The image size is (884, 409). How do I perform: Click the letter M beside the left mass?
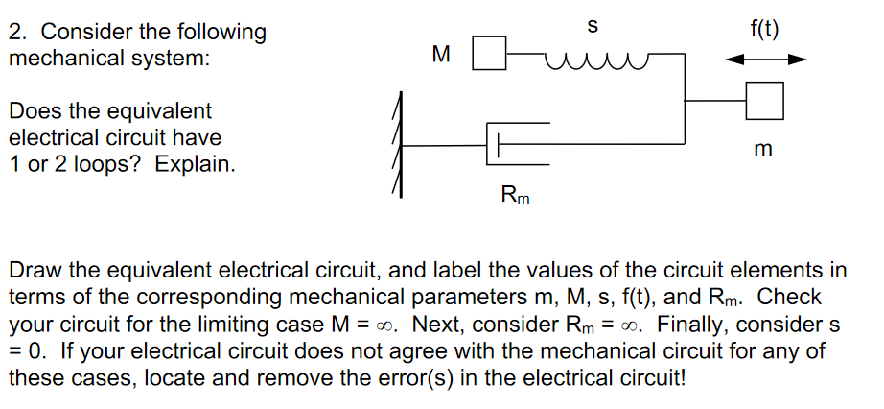coord(441,55)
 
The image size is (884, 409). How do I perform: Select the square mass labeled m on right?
coord(765,100)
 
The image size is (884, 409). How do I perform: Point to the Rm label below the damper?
coord(515,197)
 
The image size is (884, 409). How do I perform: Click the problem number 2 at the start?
coord(15,32)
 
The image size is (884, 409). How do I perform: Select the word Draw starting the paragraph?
coord(34,270)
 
